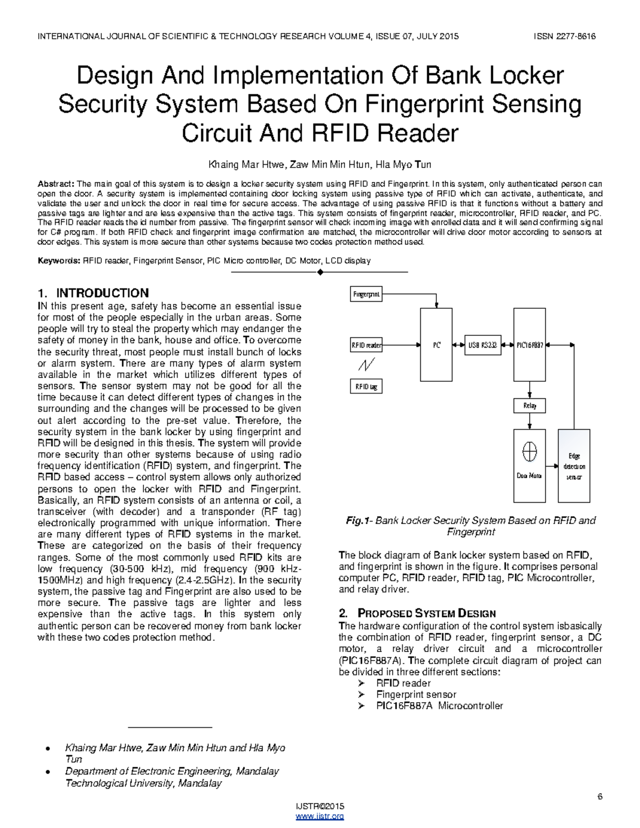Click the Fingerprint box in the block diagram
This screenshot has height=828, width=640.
366,294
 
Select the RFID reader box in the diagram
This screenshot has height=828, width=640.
366,345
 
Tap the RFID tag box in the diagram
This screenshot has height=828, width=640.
366,387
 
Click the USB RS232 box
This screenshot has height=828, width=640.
482,345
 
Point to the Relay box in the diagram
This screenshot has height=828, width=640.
530,406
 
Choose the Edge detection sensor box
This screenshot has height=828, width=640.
574,466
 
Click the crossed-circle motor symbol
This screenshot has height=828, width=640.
530,452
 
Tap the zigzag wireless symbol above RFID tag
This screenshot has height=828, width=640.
366,365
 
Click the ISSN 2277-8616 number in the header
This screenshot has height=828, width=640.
564,36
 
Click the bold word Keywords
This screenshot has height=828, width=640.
58,261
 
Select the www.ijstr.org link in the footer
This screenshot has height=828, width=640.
320,816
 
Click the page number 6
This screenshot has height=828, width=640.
599,797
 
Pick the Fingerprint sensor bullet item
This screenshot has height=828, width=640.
416,694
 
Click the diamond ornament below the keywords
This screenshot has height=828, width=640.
320,272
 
